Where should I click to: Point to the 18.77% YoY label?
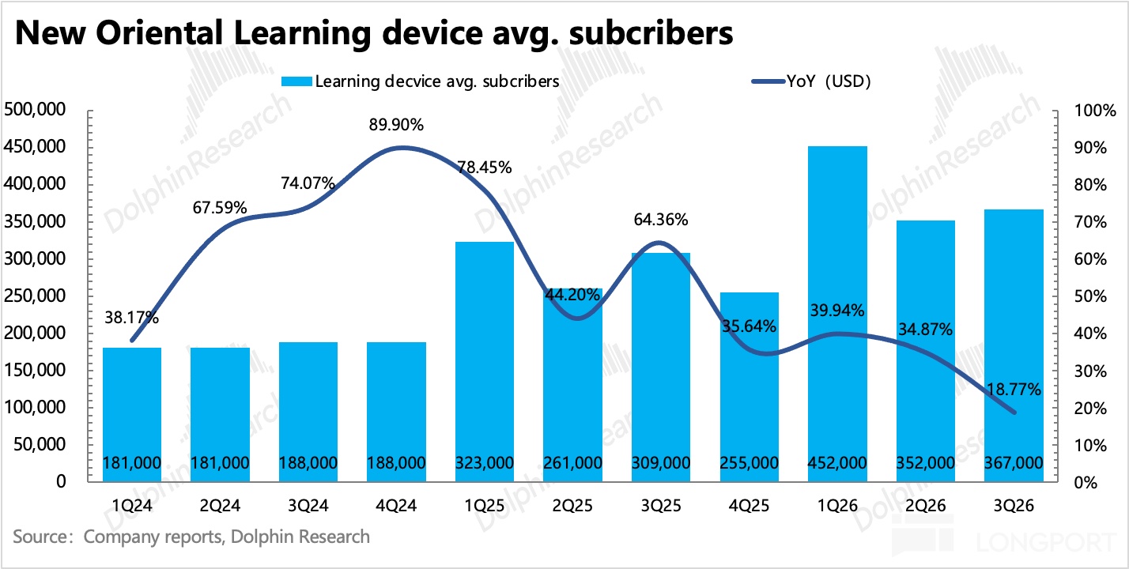click(1014, 390)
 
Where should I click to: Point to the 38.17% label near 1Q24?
click(133, 318)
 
